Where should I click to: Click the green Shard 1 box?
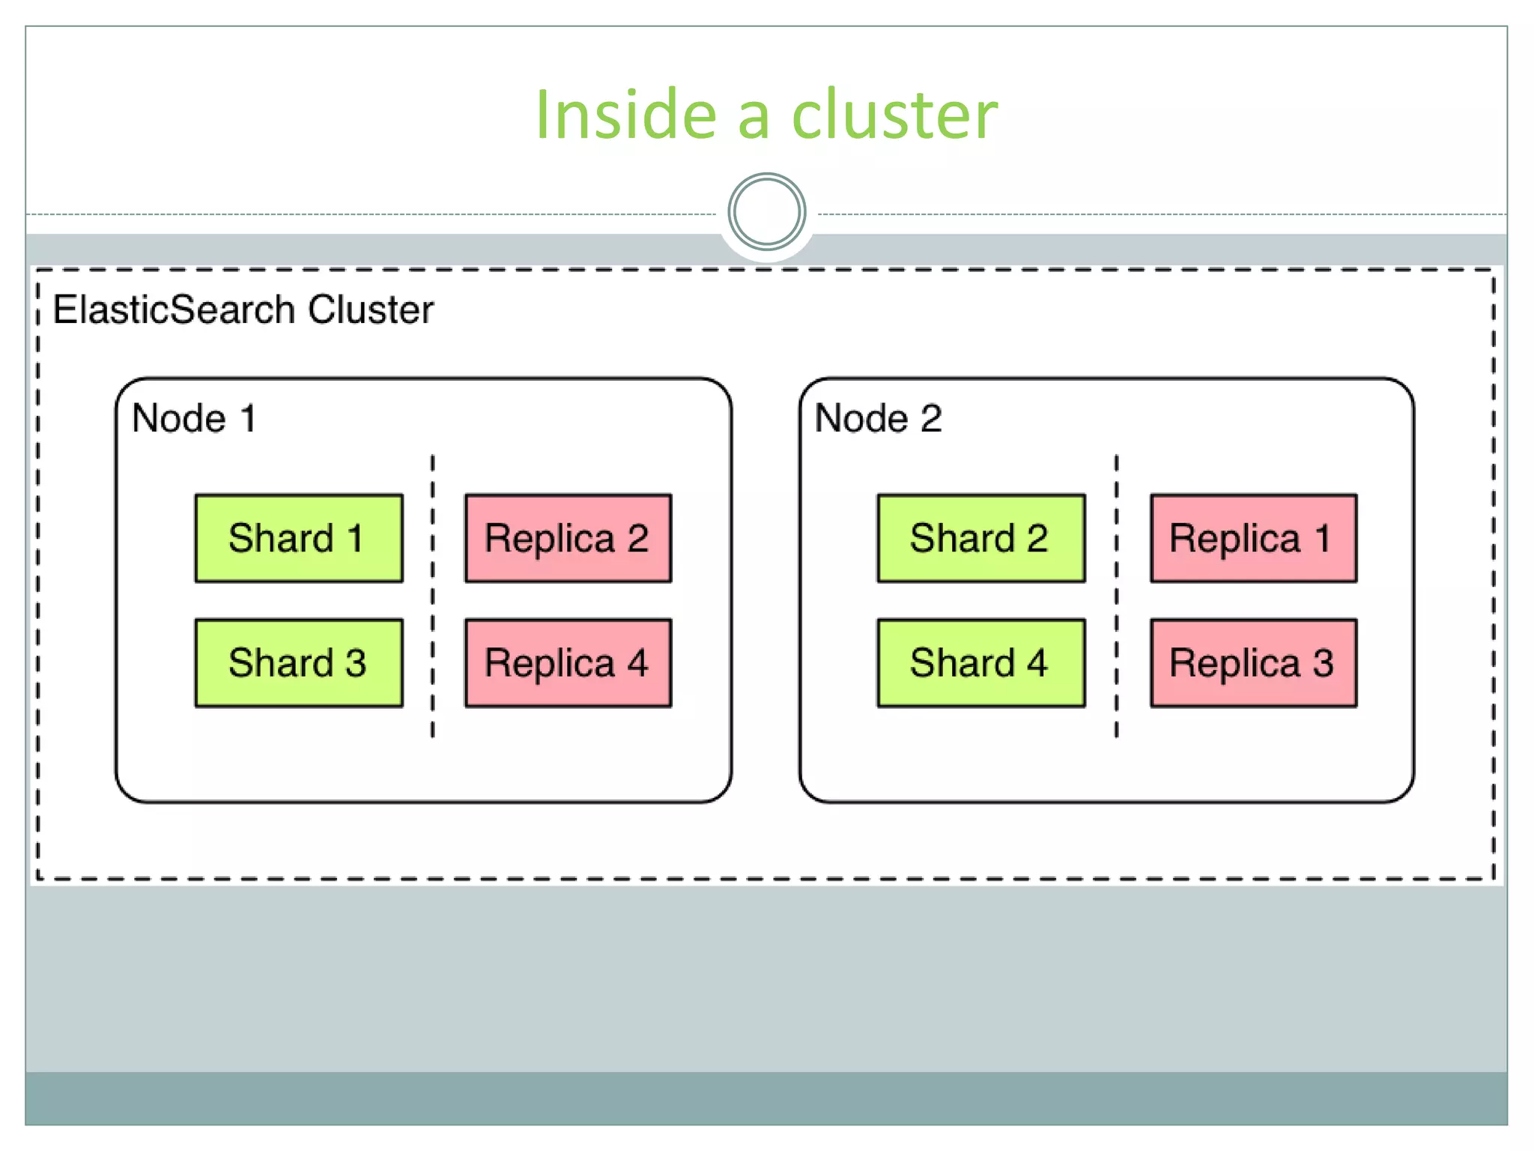(x=298, y=538)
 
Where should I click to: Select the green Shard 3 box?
(x=298, y=663)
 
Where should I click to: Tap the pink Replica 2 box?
(x=568, y=538)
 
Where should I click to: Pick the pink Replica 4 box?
(x=568, y=663)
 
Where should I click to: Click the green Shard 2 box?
(x=980, y=538)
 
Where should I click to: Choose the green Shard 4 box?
(x=980, y=663)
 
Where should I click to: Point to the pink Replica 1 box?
(x=1253, y=538)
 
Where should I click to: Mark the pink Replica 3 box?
(x=1253, y=663)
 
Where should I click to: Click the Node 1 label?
(x=194, y=418)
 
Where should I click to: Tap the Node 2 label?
(x=878, y=418)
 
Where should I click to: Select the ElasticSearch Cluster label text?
(x=243, y=309)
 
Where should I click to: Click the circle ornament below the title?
(x=766, y=212)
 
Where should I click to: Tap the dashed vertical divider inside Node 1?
(x=432, y=596)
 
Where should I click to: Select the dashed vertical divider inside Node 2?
(x=1116, y=596)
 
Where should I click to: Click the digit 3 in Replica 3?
(x=1323, y=663)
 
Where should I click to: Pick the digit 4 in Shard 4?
(x=1037, y=663)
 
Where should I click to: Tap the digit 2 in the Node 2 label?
(x=931, y=418)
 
